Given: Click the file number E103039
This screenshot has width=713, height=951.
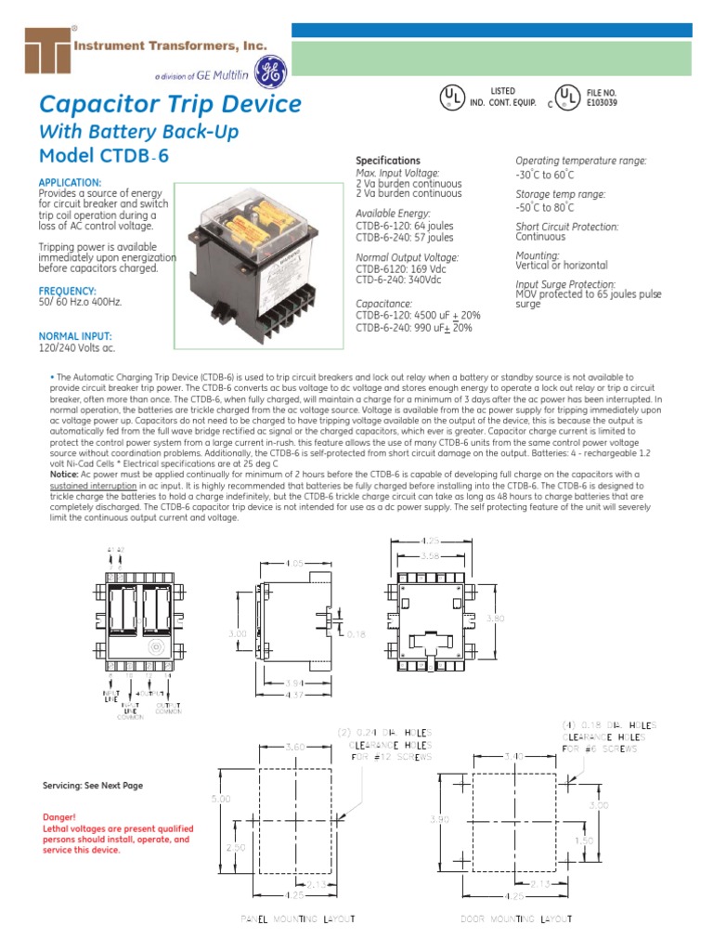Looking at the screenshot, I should (602, 102).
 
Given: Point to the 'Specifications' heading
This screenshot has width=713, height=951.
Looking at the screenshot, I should (388, 161).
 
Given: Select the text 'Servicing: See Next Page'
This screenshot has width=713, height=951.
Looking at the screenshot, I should (93, 786).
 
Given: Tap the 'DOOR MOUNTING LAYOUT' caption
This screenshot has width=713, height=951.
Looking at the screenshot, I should (517, 918).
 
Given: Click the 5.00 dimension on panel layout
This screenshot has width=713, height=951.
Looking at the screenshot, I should (214, 798).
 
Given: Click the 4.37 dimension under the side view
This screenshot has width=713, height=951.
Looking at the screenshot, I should (295, 697).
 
